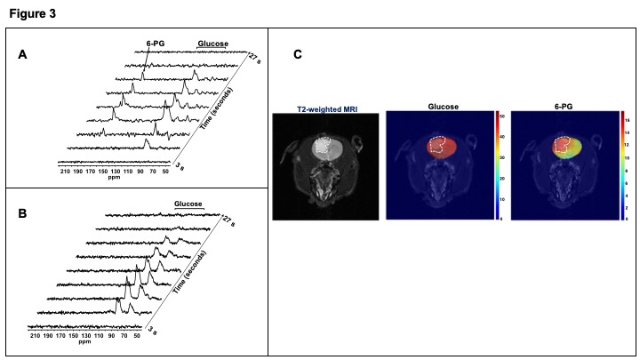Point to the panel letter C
click(x=299, y=55)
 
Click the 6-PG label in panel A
click(x=146, y=41)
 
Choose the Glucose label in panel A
click(x=212, y=41)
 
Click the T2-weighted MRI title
click(x=326, y=108)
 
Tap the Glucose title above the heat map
click(x=442, y=107)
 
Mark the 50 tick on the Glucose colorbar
click(x=503, y=116)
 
